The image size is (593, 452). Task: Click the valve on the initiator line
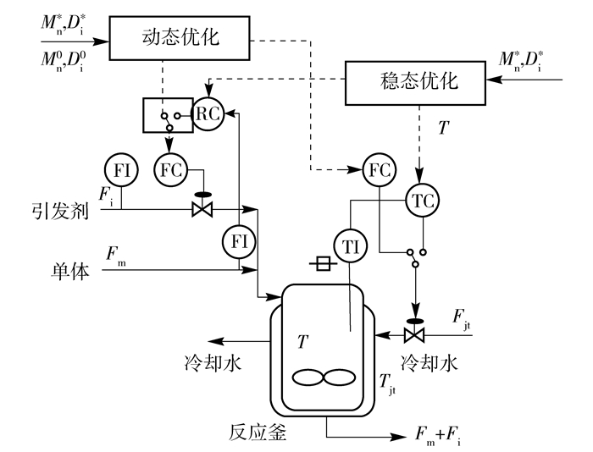[x=202, y=206]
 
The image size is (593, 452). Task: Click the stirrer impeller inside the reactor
[x=324, y=378]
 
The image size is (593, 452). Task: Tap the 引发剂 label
[x=60, y=211]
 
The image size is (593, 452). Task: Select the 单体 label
[x=70, y=271]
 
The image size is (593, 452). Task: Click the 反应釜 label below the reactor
[x=258, y=433]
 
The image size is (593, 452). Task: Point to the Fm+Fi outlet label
[x=438, y=435]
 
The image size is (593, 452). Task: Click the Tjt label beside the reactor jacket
[x=388, y=384]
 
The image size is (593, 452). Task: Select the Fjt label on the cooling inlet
[x=462, y=320]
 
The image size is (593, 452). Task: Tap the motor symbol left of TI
[x=323, y=263]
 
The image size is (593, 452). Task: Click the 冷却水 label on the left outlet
[x=213, y=363]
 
